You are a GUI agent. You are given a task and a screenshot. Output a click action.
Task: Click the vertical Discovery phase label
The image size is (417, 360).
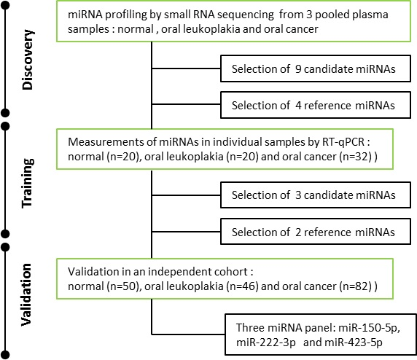(28, 60)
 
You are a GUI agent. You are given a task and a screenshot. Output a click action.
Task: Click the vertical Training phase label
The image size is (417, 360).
(28, 183)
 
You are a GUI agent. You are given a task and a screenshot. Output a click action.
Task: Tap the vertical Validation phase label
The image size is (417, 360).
(26, 294)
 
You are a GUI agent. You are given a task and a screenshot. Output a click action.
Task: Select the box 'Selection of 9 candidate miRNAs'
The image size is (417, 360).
(316, 69)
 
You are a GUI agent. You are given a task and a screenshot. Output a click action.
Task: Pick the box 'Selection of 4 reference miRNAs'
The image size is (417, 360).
(316, 105)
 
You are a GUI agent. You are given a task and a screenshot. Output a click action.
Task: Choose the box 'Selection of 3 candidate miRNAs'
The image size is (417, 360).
(316, 195)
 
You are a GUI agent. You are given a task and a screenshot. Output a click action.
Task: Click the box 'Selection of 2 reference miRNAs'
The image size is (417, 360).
(316, 232)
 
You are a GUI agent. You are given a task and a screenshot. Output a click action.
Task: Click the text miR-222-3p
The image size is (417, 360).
(266, 343)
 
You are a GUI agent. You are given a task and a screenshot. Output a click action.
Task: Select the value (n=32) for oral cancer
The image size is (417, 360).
(355, 157)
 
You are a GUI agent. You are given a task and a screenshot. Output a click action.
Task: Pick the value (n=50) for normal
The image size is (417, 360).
(123, 286)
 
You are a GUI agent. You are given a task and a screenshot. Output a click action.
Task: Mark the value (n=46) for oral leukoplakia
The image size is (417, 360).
(242, 286)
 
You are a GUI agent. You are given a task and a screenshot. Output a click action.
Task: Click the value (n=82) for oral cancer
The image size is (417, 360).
(355, 286)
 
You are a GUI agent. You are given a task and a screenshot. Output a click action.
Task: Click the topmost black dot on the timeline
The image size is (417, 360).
(5, 5)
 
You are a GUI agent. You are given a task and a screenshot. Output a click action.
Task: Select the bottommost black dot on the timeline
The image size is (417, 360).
(5, 355)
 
